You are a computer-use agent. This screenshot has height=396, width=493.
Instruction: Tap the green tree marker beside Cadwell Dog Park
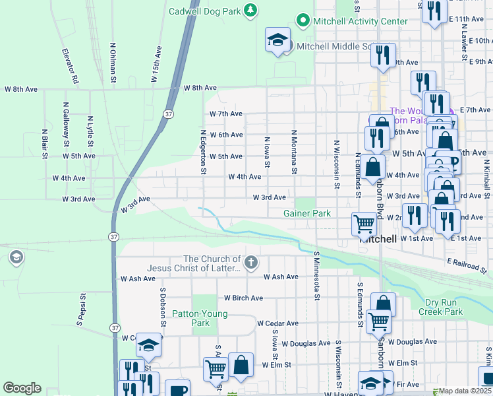(x=250, y=10)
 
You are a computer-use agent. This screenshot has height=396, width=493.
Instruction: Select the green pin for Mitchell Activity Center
(x=303, y=21)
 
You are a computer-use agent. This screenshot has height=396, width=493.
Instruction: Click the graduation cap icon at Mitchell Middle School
(x=277, y=40)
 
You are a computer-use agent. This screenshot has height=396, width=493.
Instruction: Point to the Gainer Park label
(x=306, y=213)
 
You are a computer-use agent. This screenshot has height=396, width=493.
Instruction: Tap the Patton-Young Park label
(x=200, y=318)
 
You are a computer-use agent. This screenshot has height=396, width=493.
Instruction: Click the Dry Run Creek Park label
(x=444, y=307)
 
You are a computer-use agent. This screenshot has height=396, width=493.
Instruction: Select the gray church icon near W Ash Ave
(x=250, y=263)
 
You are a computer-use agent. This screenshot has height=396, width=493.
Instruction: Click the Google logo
(x=22, y=388)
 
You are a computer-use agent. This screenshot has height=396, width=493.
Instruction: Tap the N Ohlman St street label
(x=113, y=63)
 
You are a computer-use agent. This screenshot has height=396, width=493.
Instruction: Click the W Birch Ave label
(x=243, y=298)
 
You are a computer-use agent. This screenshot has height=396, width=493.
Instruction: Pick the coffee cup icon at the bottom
(x=177, y=389)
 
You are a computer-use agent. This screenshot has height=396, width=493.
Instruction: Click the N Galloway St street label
(x=67, y=124)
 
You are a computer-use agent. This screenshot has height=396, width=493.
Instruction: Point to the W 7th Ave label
(x=227, y=114)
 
